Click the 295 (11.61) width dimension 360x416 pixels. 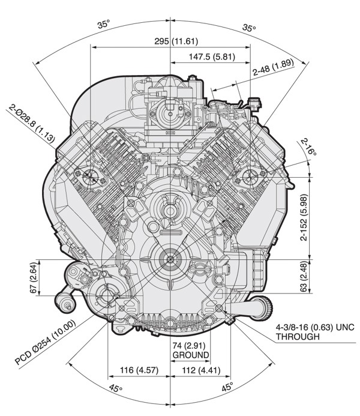(172, 42)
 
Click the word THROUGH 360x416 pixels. (298, 337)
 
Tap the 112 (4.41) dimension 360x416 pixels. (204, 370)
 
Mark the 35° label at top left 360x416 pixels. (104, 25)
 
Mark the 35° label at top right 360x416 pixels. (249, 28)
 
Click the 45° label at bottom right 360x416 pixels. (226, 388)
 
